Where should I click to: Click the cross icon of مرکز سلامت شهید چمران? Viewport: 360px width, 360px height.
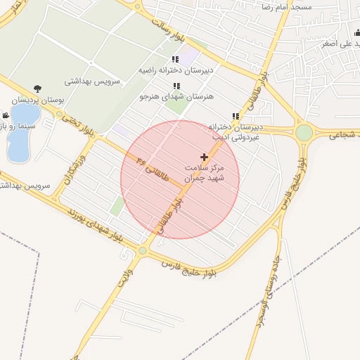tap(205, 156)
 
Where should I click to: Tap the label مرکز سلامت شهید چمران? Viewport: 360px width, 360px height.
tap(204, 174)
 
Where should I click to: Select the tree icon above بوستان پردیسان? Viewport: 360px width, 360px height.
tap(37, 89)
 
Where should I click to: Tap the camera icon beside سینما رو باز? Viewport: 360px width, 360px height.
tap(6, 115)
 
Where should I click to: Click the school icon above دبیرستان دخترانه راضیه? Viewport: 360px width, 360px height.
tap(175, 60)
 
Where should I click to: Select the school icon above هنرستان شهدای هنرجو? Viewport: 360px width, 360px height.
tap(176, 86)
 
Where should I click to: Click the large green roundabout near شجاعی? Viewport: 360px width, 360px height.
tap(304, 132)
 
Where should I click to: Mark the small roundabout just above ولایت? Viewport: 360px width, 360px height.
tap(143, 250)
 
